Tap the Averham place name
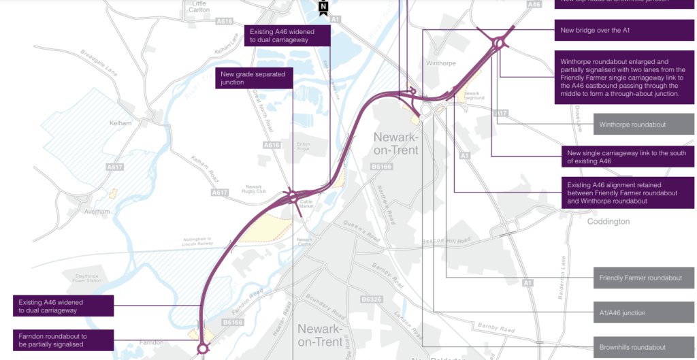pos(97,212)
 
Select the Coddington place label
pos(609,221)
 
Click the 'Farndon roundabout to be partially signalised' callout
pos(62,340)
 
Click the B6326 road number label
pos(372,299)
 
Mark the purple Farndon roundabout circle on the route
pos(202,348)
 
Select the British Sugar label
pos(303,147)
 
